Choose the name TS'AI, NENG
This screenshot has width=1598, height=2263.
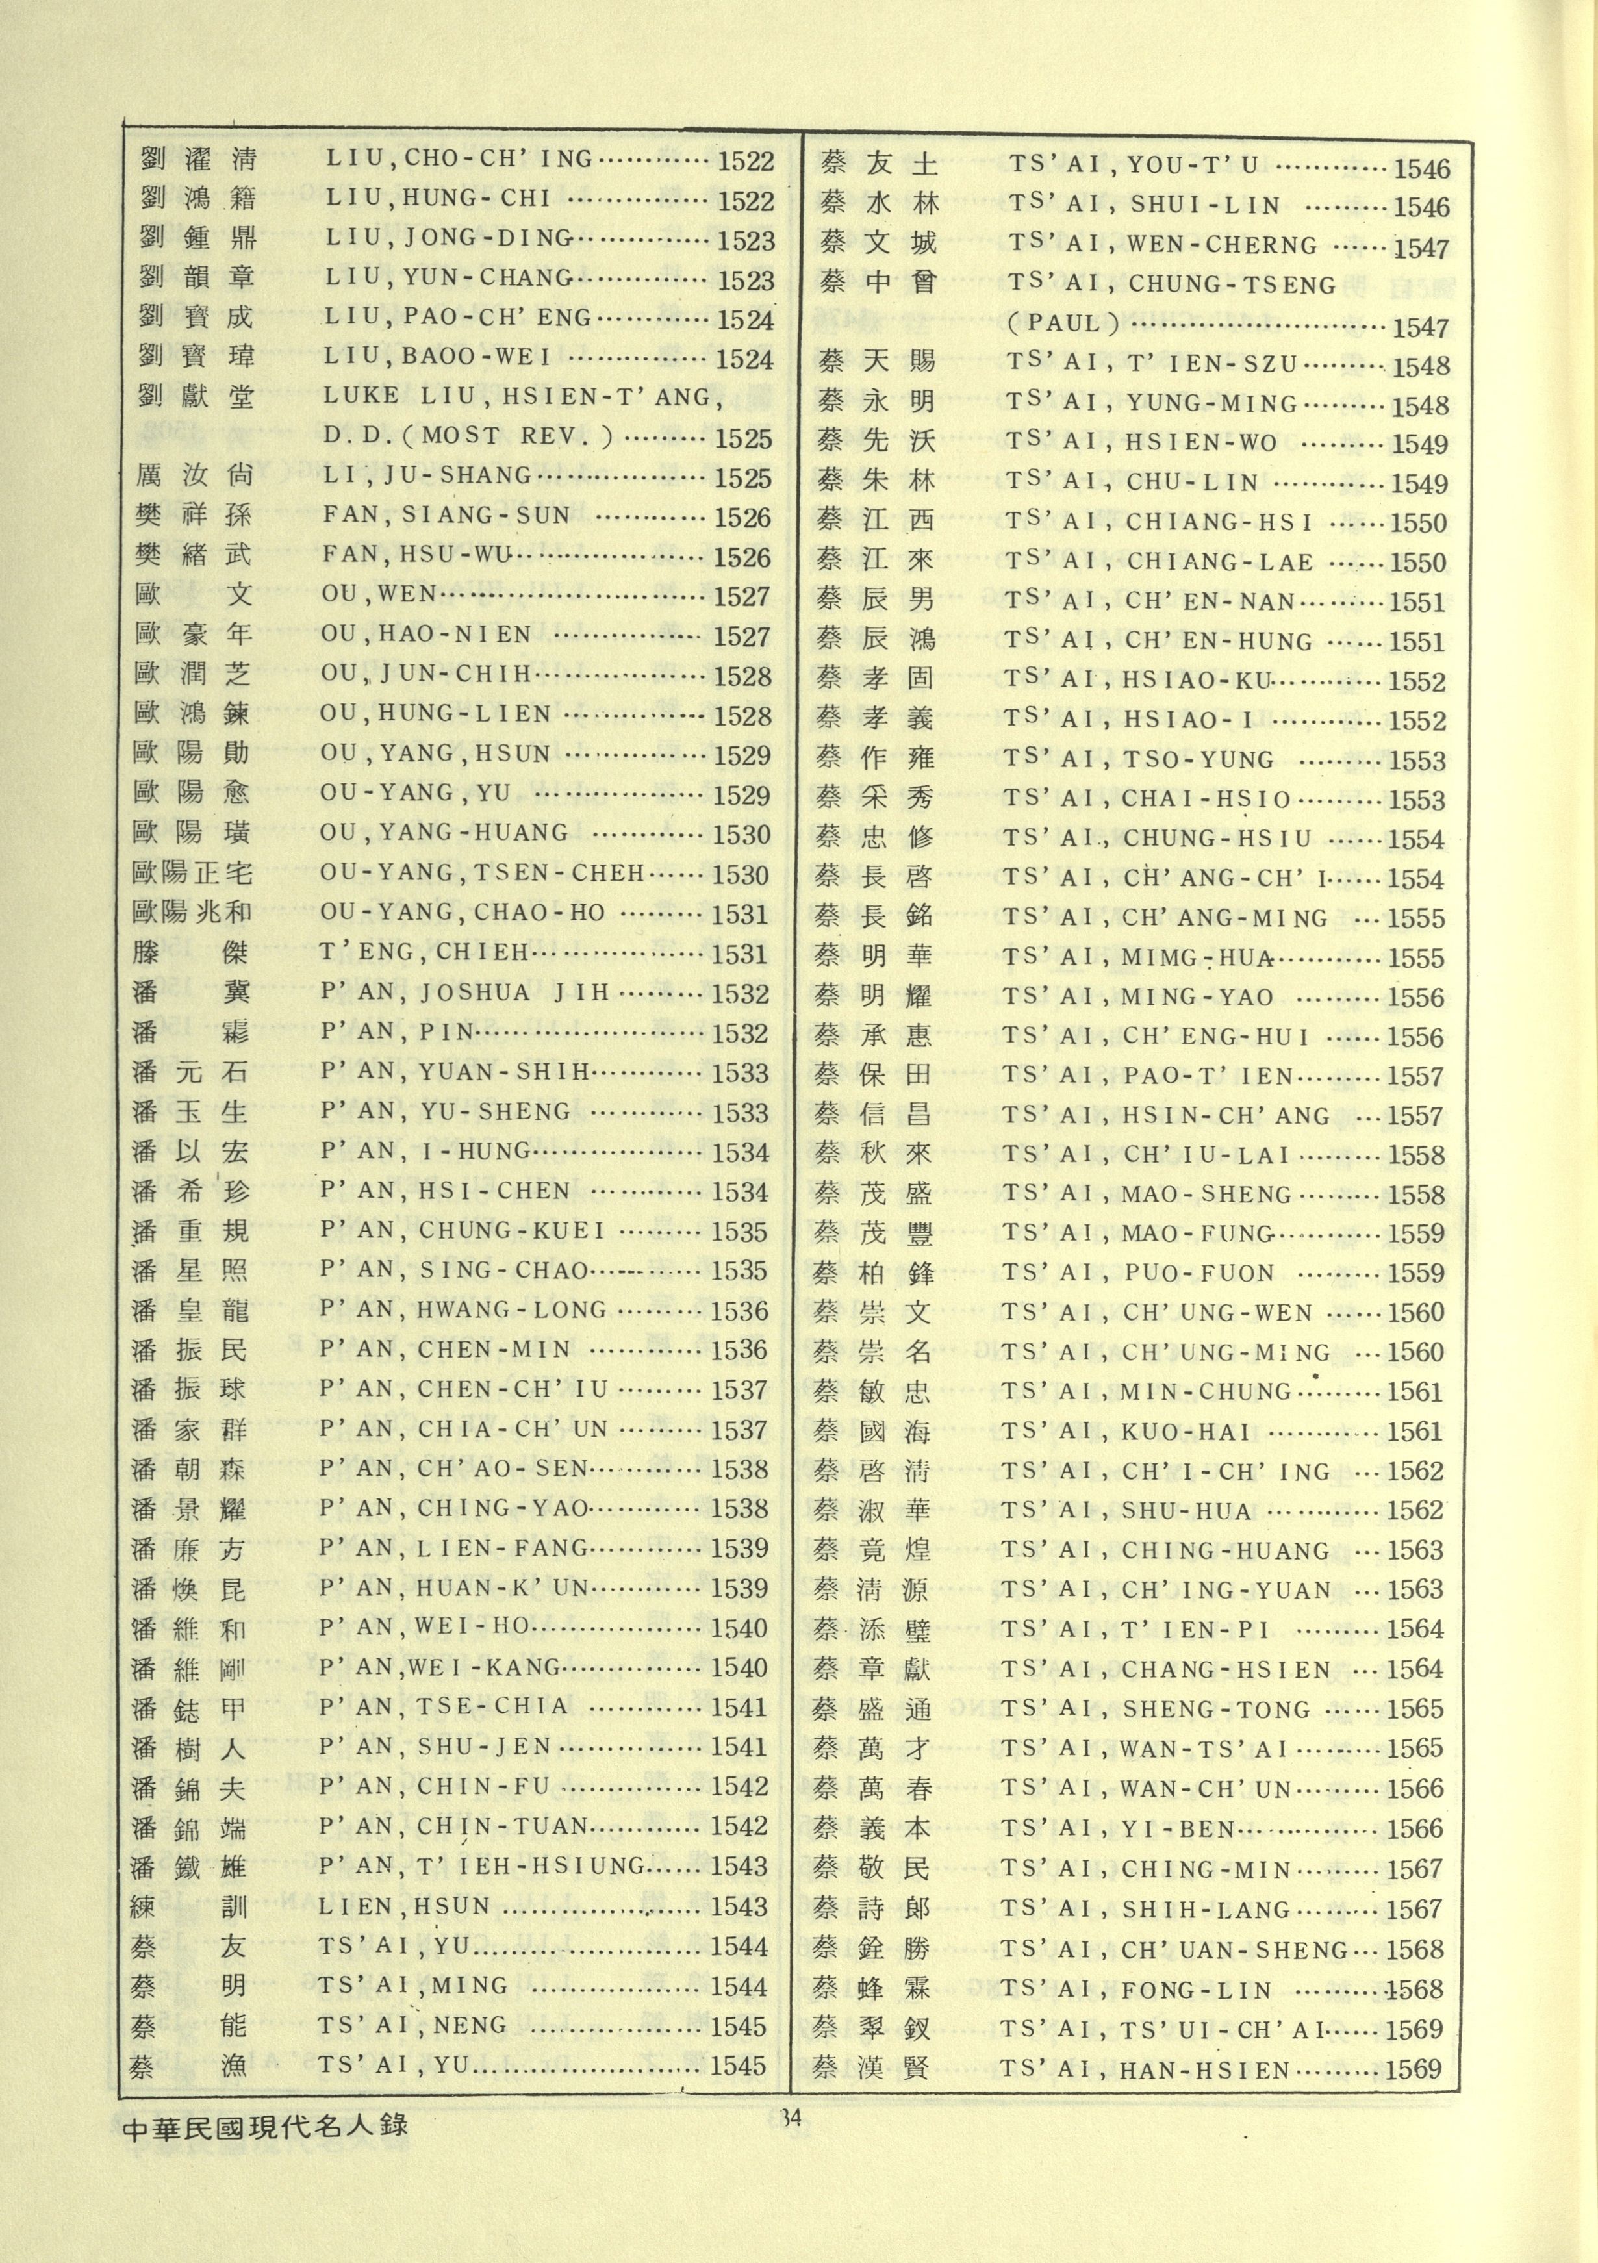tap(412, 2025)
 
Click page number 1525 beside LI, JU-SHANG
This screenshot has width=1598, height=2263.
tap(742, 478)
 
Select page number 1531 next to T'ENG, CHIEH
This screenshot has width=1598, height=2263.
tap(739, 954)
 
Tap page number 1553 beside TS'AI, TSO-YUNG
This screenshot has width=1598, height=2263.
tap(1417, 761)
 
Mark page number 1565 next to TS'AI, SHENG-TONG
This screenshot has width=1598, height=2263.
tap(1415, 1709)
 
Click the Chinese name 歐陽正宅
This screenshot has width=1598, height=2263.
tap(192, 873)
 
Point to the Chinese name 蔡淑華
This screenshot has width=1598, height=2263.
tap(872, 1511)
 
